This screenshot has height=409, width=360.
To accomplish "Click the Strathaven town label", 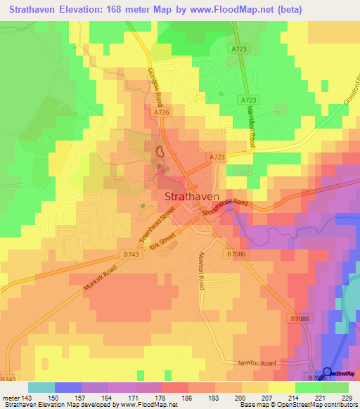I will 192,197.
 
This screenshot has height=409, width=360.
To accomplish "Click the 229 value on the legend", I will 349,397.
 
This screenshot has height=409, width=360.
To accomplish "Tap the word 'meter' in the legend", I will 11,397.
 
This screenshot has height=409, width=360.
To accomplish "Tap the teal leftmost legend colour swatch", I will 41,387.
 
